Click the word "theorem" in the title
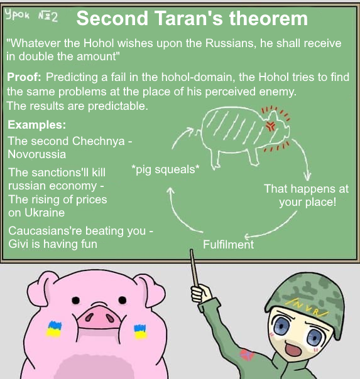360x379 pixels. click(268, 18)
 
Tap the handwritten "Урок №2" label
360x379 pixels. click(31, 16)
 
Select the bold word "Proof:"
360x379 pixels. click(24, 77)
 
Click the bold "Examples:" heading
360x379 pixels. click(37, 125)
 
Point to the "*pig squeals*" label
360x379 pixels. click(165, 169)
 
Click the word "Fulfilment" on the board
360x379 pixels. click(229, 244)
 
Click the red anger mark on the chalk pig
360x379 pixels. click(271, 125)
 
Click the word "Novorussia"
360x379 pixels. click(37, 154)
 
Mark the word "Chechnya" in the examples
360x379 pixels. click(99, 141)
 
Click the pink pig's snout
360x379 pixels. click(99, 316)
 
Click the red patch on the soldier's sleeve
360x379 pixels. click(247, 355)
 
